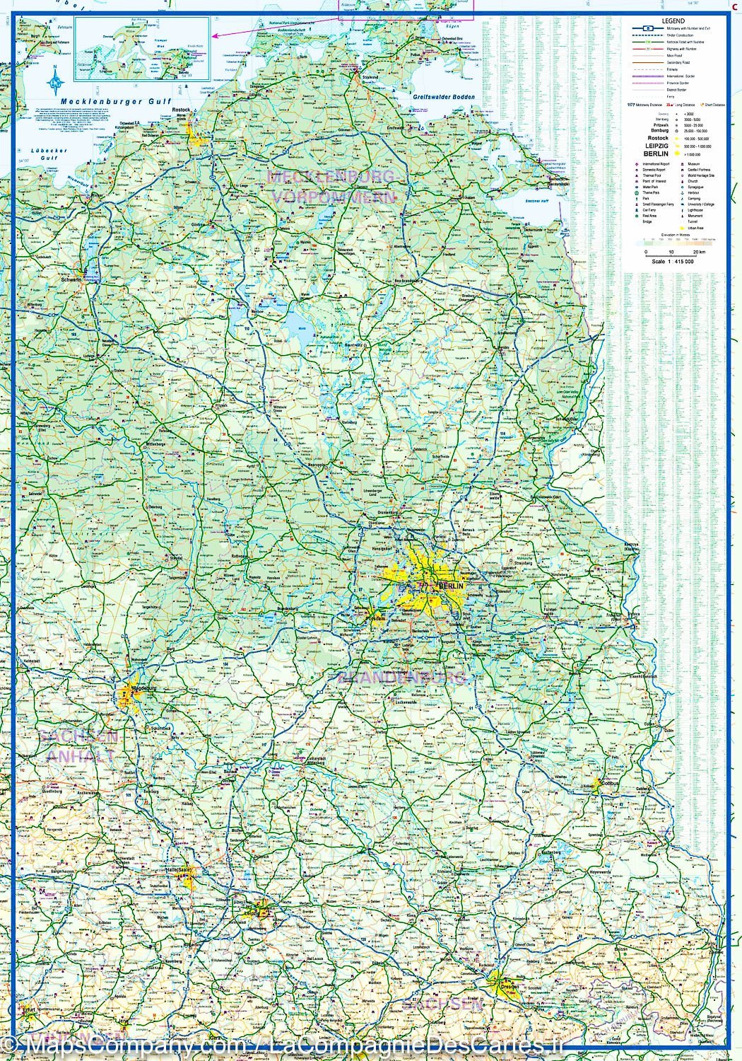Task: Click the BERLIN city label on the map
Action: [x=451, y=586]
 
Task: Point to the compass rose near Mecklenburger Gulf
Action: [x=56, y=81]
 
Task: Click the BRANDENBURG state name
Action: [x=403, y=678]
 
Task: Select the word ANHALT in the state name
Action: [x=80, y=756]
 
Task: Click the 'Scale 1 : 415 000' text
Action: [x=673, y=261]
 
